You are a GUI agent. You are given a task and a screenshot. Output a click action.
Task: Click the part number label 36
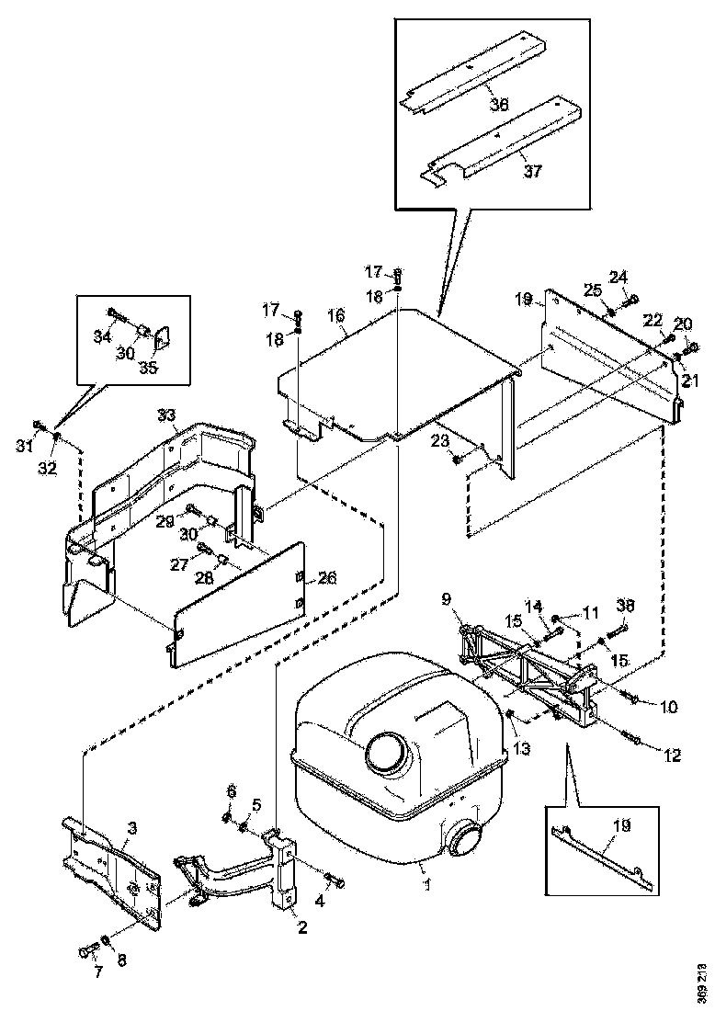[x=499, y=105]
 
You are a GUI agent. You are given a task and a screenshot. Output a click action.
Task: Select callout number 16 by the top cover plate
[x=336, y=315]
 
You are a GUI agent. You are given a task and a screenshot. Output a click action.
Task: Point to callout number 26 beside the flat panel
[x=327, y=578]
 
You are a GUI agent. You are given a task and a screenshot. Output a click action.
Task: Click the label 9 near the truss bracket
[x=448, y=598]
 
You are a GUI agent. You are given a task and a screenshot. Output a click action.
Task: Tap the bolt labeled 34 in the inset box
[x=115, y=314]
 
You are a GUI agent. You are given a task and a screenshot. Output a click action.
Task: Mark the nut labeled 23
[x=457, y=459]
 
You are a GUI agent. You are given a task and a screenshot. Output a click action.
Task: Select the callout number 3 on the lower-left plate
[x=131, y=829]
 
